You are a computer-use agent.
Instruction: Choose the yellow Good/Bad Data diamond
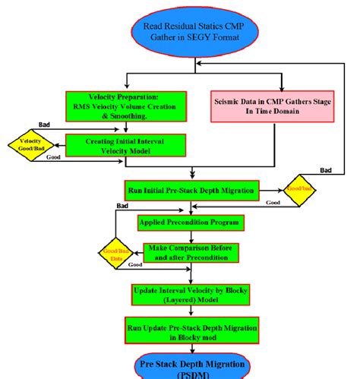coord(115,254)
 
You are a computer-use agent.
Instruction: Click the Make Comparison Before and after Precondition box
coord(191,253)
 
